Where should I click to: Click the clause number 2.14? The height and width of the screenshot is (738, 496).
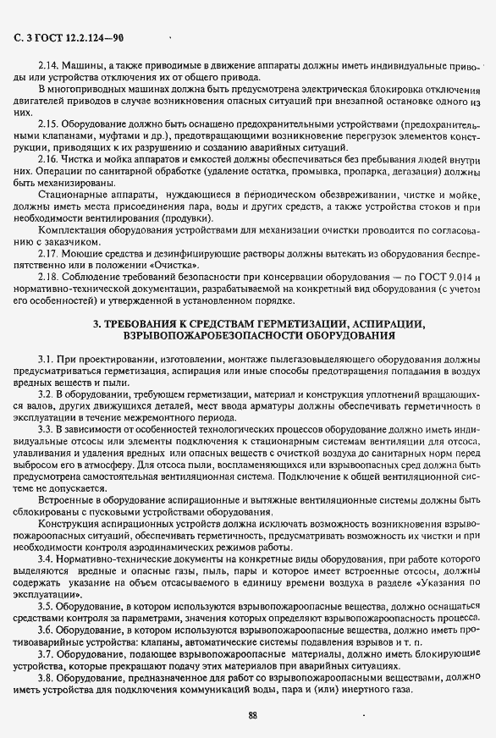click(x=47, y=64)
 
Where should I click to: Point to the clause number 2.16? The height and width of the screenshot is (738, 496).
click(x=47, y=158)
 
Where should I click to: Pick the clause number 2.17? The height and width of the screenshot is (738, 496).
click(x=47, y=253)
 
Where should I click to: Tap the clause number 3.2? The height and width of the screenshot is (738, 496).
click(x=45, y=395)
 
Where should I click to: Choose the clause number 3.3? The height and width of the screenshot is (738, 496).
click(x=45, y=429)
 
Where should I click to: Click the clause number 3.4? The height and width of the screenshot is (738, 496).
click(x=45, y=560)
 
